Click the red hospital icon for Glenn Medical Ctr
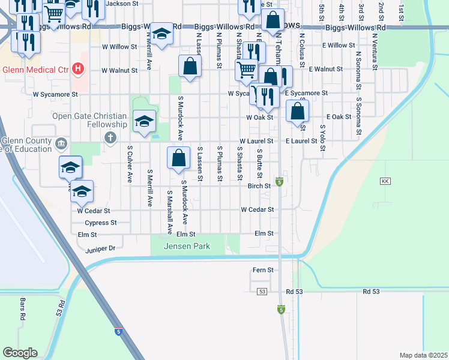(x=77, y=68)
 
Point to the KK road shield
(x=385, y=181)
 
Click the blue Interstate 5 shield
(x=118, y=331)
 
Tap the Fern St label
(x=263, y=270)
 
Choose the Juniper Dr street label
(x=100, y=248)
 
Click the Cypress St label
(x=97, y=223)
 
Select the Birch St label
(x=260, y=186)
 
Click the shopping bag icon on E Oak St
(x=298, y=112)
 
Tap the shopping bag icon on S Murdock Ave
(x=179, y=159)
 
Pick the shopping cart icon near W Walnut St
(x=247, y=71)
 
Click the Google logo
(x=20, y=353)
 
